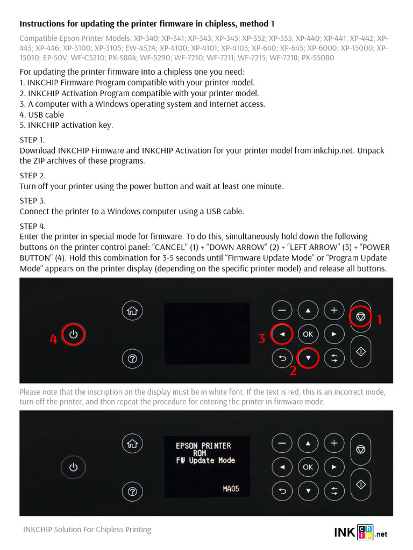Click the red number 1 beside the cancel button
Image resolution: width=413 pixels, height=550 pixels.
tap(379, 320)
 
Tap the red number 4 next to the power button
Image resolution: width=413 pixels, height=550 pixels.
tap(53, 339)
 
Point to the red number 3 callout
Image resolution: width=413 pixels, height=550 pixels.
tap(262, 338)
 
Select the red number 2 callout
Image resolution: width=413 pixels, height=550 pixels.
tap(293, 371)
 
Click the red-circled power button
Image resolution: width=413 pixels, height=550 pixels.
tap(74, 335)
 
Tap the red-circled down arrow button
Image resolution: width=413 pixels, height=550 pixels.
tap(308, 358)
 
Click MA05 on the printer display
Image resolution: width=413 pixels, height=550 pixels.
tap(231, 489)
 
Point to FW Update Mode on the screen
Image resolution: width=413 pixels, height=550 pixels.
tap(205, 461)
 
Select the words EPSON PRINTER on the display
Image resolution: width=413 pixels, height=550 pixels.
tap(203, 446)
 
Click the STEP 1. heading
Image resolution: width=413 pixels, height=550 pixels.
tap(32, 140)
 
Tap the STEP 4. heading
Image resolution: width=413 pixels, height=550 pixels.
tap(32, 226)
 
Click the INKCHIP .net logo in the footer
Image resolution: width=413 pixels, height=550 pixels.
tap(360, 532)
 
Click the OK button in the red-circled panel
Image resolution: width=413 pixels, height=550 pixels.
tap(308, 334)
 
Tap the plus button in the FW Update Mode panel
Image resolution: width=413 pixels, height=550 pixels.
tap(334, 443)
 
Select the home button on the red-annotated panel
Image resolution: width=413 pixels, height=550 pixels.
tap(132, 310)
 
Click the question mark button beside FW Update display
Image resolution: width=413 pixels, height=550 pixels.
tap(132, 490)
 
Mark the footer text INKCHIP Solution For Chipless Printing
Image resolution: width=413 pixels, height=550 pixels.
tap(87, 530)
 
